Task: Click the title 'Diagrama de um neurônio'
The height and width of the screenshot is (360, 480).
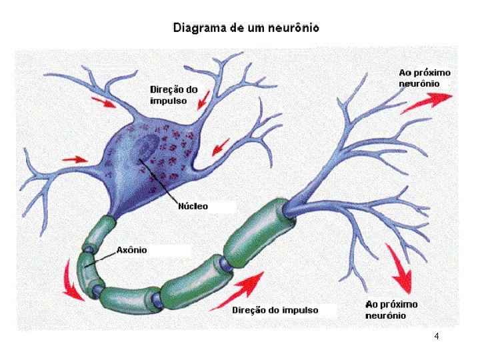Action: (246, 28)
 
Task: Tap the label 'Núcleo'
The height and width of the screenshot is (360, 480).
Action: (193, 206)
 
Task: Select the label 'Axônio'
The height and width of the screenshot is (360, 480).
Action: (131, 250)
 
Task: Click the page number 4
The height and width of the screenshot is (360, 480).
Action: (437, 336)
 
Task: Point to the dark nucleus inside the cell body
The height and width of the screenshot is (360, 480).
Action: (148, 146)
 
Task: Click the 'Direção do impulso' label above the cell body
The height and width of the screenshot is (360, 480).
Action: (173, 95)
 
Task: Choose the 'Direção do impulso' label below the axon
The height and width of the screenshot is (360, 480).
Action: (275, 310)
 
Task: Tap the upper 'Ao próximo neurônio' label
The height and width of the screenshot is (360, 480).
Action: (425, 78)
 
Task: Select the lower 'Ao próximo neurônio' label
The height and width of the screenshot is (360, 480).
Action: (391, 310)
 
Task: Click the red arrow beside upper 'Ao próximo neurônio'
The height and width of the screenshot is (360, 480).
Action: (427, 103)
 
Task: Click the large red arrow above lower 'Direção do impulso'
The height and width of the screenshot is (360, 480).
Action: (237, 291)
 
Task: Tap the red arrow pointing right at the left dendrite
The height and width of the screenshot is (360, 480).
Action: (75, 159)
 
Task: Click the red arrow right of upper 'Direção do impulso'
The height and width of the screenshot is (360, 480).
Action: (203, 100)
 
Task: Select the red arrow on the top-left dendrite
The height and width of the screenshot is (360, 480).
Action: (103, 102)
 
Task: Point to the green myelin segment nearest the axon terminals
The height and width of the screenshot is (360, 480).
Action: (259, 232)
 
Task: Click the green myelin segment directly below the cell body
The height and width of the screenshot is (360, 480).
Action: (100, 232)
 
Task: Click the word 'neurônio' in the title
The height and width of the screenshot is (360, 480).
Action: (293, 28)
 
